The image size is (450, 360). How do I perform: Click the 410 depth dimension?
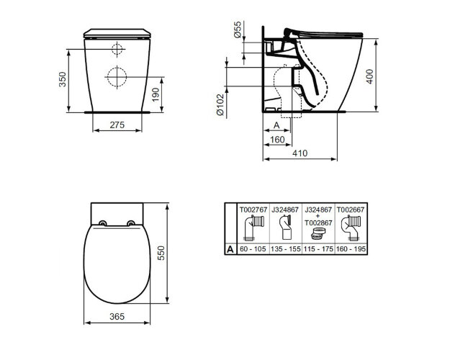tap(299, 154)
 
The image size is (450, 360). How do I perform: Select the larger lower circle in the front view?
tap(117, 75)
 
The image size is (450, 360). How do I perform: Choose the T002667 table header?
tap(351, 209)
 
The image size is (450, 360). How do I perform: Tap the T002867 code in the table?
tap(318, 223)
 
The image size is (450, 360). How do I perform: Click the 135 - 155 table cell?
tap(285, 249)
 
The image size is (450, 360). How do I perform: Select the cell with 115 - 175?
tap(318, 249)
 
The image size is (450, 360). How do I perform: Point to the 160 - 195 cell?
tap(351, 249)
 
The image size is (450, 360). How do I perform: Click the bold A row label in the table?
tap(230, 249)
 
